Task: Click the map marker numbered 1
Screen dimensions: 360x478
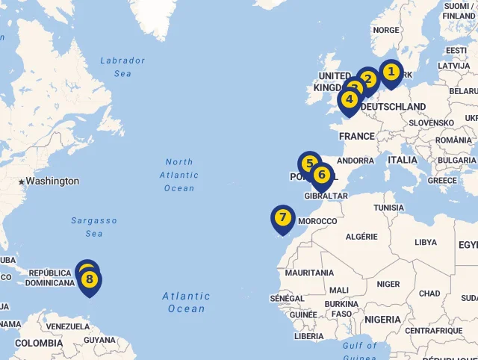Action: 390,72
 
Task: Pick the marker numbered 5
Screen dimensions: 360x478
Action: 309,164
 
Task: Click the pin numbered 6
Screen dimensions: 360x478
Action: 322,176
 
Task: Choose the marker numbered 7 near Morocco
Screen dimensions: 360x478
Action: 282,218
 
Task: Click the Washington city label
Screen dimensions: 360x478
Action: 52,181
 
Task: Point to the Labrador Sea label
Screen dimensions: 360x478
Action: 122,67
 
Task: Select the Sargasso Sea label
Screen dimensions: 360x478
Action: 94,227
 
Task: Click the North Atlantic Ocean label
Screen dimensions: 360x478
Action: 179,175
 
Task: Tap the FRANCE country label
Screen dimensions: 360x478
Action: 357,137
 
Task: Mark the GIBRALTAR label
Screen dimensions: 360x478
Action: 326,196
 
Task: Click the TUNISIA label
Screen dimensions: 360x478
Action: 388,208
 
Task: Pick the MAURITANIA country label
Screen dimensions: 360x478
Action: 309,273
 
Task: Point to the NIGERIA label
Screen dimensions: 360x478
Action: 382,320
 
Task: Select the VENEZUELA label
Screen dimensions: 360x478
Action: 68,326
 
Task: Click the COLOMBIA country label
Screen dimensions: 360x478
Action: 39,343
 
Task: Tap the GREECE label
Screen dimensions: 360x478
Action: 442,180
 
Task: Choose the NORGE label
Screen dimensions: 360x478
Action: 385,31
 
